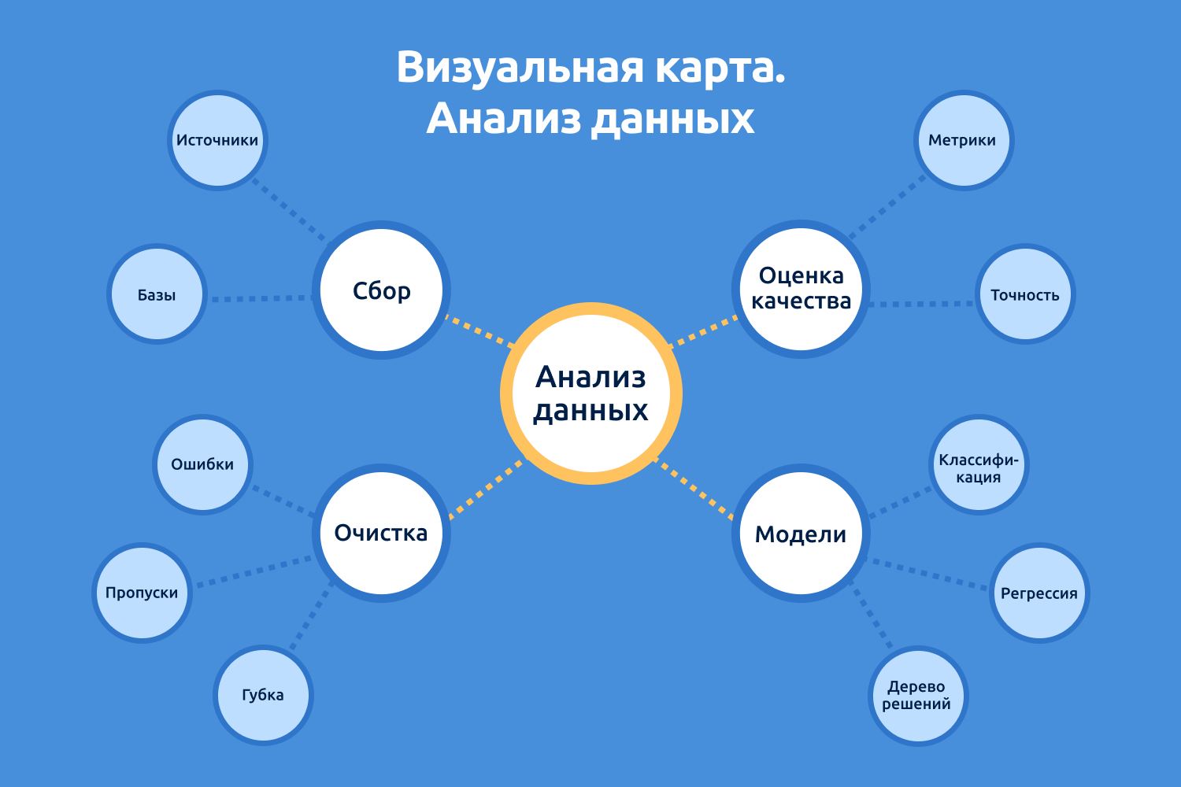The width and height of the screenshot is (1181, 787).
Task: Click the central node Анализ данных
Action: pyautogui.click(x=590, y=393)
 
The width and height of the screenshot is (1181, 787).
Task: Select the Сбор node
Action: pyautogui.click(x=382, y=290)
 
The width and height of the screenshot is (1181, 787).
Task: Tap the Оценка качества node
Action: pyautogui.click(x=801, y=289)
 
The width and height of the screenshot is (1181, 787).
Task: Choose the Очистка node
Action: pyautogui.click(x=382, y=533)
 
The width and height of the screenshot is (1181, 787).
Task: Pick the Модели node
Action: pyautogui.click(x=801, y=534)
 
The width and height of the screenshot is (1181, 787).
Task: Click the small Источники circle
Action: pyautogui.click(x=217, y=140)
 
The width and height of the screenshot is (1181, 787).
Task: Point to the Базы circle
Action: pyautogui.click(x=157, y=294)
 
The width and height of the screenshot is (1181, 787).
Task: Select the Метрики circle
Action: pyautogui.click(x=963, y=140)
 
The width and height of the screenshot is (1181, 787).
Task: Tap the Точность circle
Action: pyautogui.click(x=1025, y=294)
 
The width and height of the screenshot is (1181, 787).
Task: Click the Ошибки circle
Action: pyautogui.click(x=202, y=464)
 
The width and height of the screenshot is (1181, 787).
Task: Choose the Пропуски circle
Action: pyautogui.click(x=143, y=593)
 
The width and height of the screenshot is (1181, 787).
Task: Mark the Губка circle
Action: pyautogui.click(x=263, y=695)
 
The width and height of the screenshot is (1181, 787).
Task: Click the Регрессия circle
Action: pyautogui.click(x=1039, y=593)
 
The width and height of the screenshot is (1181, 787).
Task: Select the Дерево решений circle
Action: pyautogui.click(x=917, y=696)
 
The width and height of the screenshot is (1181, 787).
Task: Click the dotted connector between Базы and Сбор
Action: pyautogui.click(x=260, y=298)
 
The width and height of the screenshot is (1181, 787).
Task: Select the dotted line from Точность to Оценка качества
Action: pyautogui.click(x=921, y=304)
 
